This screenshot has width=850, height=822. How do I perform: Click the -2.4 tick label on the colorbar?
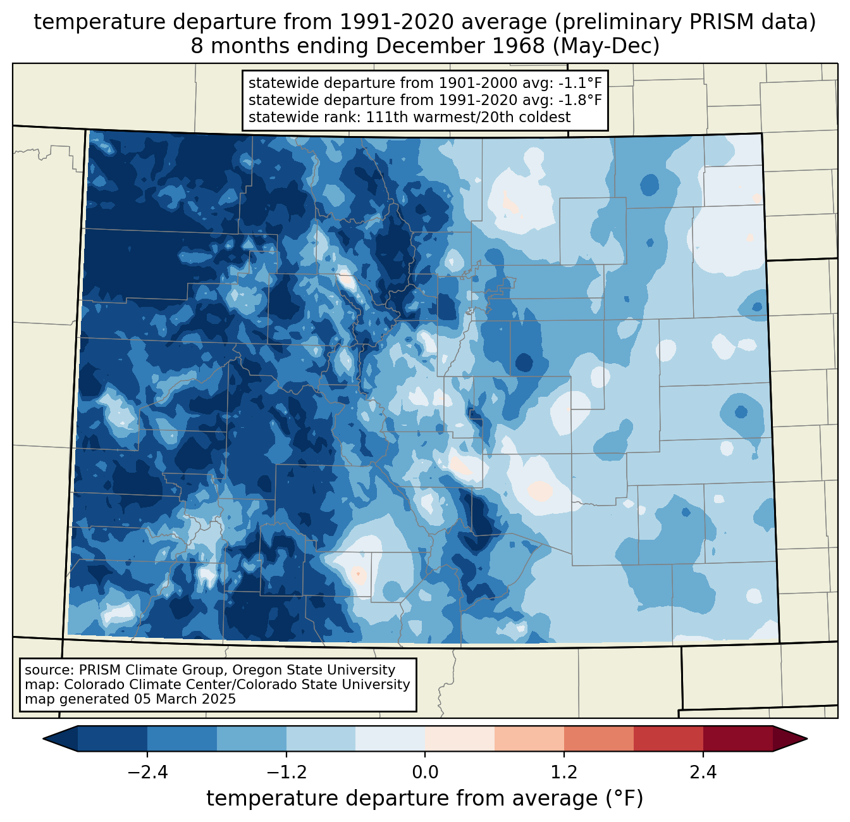pyautogui.click(x=147, y=773)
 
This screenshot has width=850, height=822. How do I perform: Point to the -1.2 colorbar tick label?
pyautogui.click(x=286, y=773)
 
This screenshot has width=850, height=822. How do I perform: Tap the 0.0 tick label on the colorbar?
pyautogui.click(x=425, y=773)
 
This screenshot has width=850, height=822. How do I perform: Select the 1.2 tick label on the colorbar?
pyautogui.click(x=564, y=773)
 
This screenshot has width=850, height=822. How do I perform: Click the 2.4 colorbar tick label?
pyautogui.click(x=703, y=773)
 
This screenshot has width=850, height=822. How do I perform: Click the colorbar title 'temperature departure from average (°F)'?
pyautogui.click(x=424, y=799)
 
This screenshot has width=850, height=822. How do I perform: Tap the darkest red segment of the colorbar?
pyautogui.click(x=737, y=738)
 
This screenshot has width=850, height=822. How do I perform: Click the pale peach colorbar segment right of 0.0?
pyautogui.click(x=460, y=738)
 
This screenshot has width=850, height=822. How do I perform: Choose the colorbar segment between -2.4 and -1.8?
pyautogui.click(x=182, y=738)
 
